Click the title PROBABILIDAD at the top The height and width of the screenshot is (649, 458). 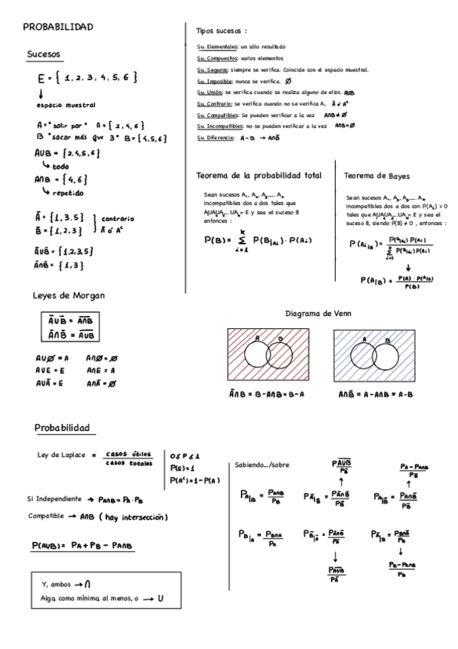click(x=58, y=28)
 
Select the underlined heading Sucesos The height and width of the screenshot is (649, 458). click(x=44, y=54)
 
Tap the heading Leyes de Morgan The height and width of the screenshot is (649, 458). click(x=69, y=295)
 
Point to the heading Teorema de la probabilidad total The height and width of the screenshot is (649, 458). click(x=259, y=175)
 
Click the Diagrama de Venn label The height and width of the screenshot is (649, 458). click(x=318, y=314)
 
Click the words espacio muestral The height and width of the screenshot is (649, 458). click(x=67, y=105)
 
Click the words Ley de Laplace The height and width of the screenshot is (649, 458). click(x=58, y=455)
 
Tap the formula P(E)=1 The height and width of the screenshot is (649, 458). click(x=181, y=467)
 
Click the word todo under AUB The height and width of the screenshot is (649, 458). click(x=61, y=166)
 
